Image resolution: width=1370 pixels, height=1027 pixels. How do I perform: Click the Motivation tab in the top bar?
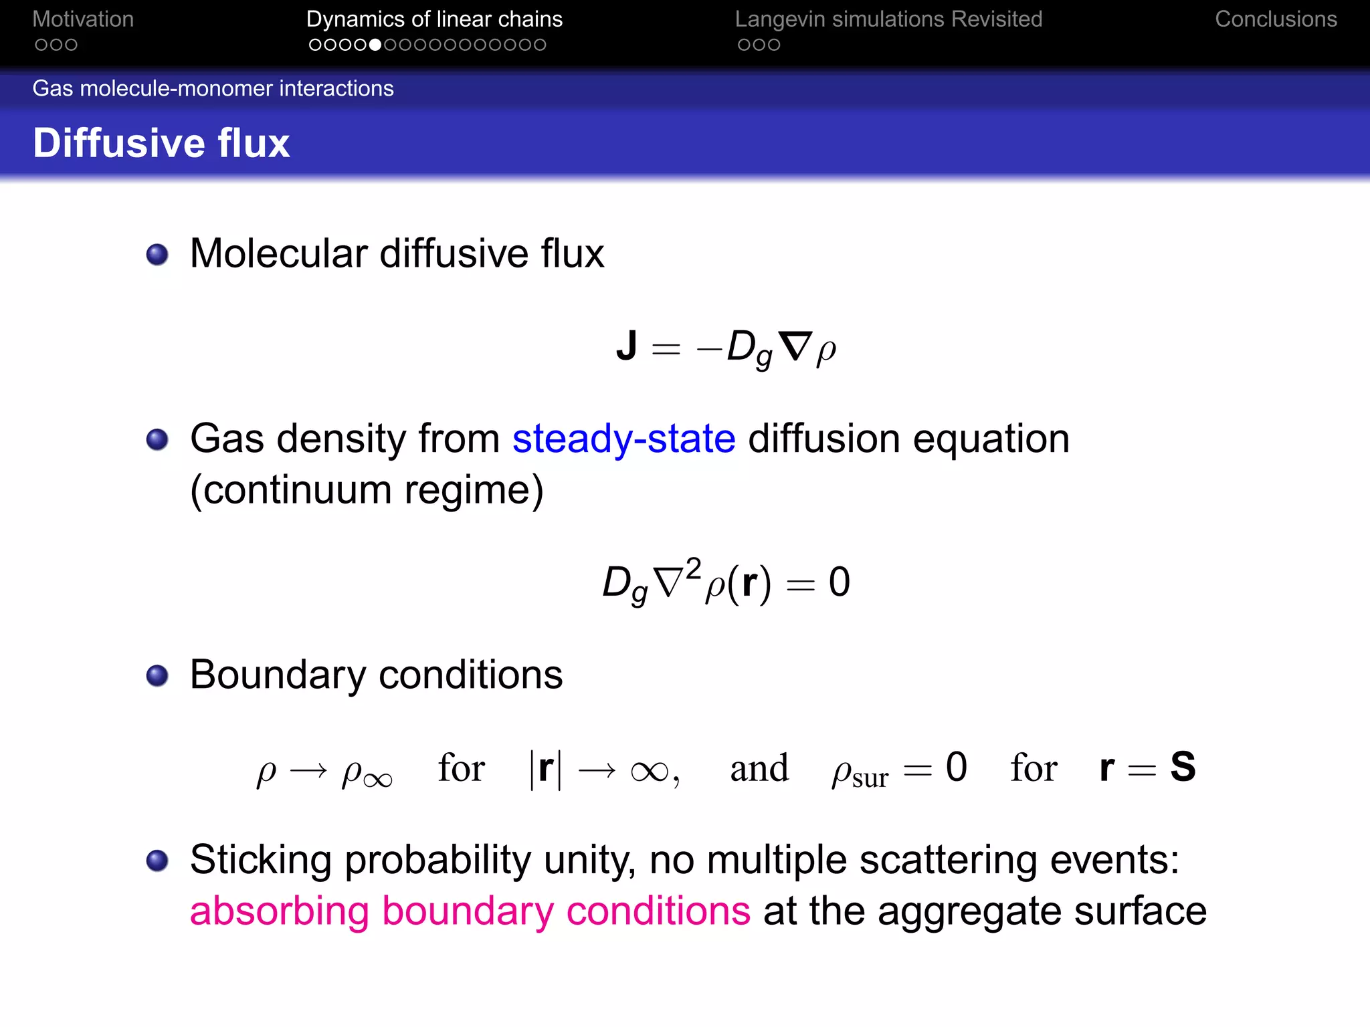[83, 19]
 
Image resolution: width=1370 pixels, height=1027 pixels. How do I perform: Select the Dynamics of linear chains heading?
[434, 19]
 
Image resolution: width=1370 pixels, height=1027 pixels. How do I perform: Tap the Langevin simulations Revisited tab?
[888, 19]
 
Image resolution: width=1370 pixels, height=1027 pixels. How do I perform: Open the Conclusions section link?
[1276, 19]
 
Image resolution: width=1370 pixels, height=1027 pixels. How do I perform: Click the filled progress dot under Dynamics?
[375, 45]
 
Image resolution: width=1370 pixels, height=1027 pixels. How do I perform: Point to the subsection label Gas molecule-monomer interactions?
[213, 88]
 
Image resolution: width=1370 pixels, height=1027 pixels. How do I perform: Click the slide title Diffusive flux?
[161, 143]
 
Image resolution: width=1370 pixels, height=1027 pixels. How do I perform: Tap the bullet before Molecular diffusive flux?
[157, 255]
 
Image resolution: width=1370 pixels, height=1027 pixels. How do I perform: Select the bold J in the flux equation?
[626, 346]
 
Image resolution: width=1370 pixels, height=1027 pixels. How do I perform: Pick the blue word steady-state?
[623, 439]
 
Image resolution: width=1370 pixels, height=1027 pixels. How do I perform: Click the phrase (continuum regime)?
[367, 490]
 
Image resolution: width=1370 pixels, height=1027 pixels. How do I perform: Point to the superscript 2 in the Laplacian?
[693, 568]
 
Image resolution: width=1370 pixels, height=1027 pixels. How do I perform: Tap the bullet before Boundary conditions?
[157, 675]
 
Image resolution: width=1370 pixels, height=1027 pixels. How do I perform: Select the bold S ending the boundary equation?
[1183, 767]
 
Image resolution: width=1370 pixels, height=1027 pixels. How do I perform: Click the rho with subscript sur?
[860, 772]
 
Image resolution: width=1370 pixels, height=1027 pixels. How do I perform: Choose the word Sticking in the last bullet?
[260, 860]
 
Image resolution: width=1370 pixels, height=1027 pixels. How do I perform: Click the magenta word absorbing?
[279, 911]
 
